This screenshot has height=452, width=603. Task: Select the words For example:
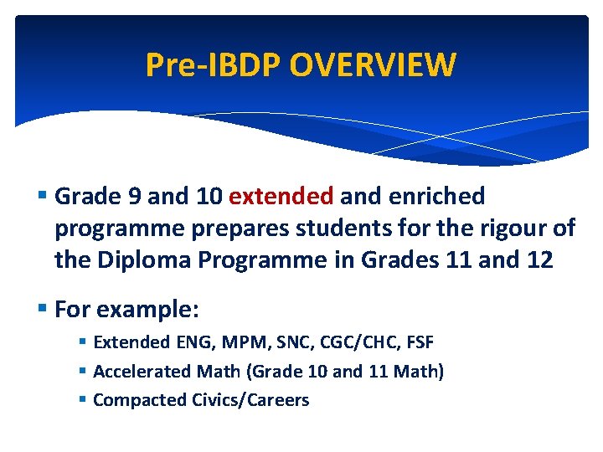126,309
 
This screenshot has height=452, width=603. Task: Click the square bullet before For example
44,309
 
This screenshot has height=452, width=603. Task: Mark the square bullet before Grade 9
44,196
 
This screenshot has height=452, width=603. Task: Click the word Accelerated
142,371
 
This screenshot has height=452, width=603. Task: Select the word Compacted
137,400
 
